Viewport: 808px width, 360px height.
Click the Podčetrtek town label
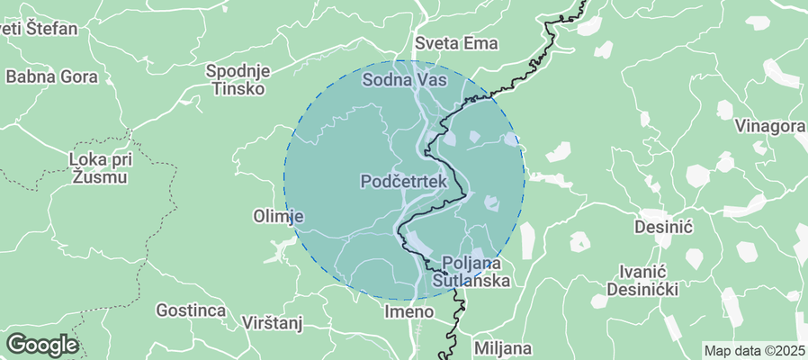404,182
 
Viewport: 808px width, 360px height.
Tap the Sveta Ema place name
456,43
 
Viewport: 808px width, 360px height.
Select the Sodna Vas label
405,80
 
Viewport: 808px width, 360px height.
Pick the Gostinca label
190,310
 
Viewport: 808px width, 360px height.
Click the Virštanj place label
275,322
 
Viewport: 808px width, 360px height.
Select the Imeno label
409,311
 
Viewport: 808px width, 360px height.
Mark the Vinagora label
770,126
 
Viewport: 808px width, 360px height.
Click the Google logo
41,345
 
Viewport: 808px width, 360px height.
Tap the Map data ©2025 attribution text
754,351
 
